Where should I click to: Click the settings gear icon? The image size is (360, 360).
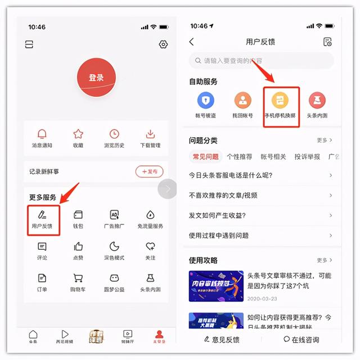[163, 44]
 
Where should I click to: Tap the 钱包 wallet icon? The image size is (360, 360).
[78, 215]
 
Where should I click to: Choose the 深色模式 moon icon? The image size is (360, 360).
[114, 247]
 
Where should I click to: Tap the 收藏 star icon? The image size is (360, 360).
[78, 134]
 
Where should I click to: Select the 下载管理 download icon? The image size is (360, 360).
[150, 134]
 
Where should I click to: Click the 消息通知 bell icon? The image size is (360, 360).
[42, 134]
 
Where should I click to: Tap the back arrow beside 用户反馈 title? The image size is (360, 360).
[192, 42]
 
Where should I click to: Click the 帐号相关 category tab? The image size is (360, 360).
[273, 156]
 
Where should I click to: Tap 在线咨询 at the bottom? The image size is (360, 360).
[301, 339]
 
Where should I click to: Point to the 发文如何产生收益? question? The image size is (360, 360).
[218, 215]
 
